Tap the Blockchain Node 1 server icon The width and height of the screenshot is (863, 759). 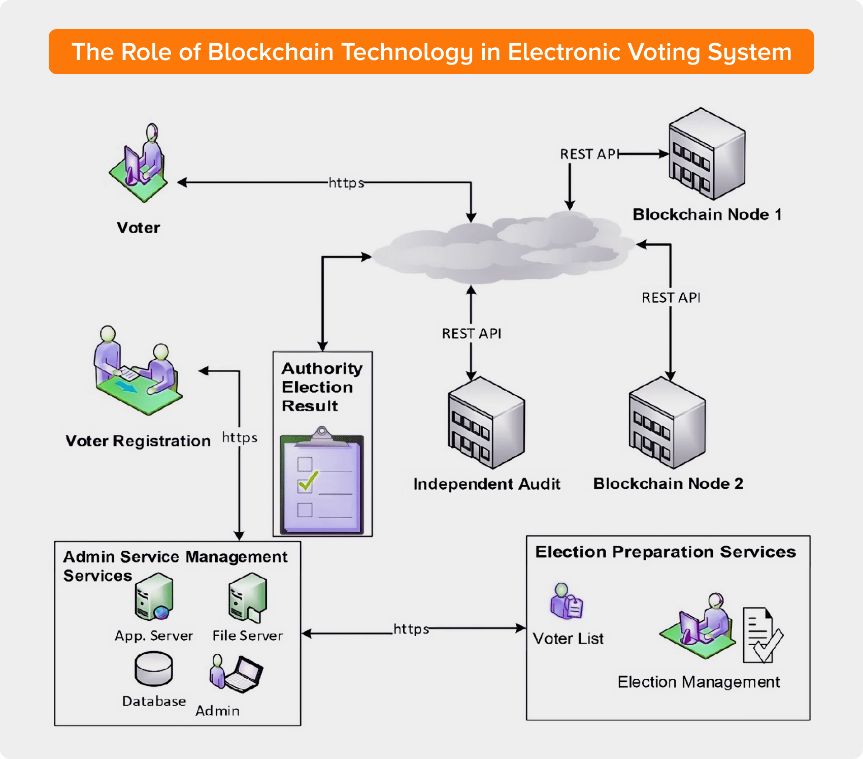707,154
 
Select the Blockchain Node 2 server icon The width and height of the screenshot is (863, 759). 667,423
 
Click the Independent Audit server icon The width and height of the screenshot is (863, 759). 486,423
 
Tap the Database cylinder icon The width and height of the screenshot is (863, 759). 154,669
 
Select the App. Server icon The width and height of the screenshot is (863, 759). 154,597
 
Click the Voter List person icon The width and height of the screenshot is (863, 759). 567,602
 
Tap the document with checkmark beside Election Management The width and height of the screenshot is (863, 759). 762,636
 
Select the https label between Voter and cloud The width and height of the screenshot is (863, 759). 346,183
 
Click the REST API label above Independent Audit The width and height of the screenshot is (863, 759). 472,334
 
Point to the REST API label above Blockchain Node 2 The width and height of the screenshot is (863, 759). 671,298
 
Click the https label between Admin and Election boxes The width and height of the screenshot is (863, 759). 411,629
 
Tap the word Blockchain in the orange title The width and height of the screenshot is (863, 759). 271,52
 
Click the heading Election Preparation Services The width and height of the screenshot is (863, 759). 666,552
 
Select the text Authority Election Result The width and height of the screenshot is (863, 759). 321,387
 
